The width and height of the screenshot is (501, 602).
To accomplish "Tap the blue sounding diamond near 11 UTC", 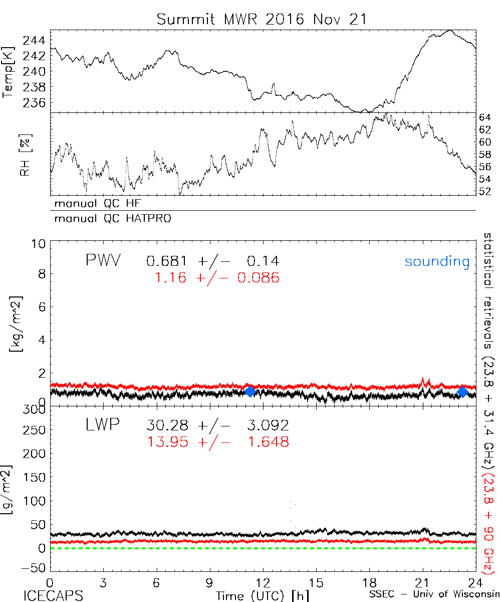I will pos(250,391).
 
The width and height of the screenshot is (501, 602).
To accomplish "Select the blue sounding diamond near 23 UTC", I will pos(462,392).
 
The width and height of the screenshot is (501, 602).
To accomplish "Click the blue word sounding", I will pos(437,261).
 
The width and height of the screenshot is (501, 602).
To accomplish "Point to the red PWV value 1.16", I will pos(170,277).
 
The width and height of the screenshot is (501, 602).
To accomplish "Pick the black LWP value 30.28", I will pos(168,425).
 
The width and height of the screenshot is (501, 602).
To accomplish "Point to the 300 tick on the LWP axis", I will pos(37,409).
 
